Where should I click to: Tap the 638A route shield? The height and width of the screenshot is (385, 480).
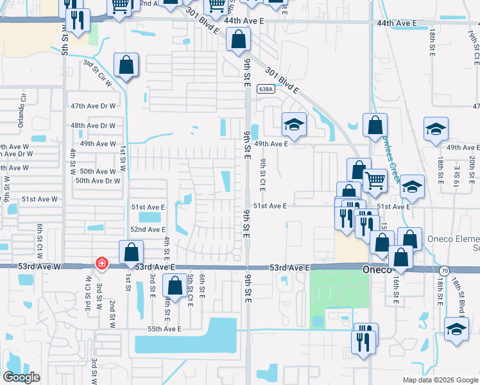tap(265, 89)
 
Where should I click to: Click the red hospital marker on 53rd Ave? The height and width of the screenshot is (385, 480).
tap(101, 263)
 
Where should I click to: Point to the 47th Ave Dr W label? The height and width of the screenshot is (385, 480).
tap(93, 106)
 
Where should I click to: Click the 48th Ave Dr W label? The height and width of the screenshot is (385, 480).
tap(93, 126)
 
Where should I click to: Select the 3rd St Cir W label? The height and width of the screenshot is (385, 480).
tap(97, 73)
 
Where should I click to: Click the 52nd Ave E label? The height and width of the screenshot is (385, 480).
tap(148, 229)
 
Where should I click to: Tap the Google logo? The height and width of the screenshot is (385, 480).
tap(22, 377)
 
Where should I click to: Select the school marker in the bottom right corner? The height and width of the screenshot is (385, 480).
tap(456, 330)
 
